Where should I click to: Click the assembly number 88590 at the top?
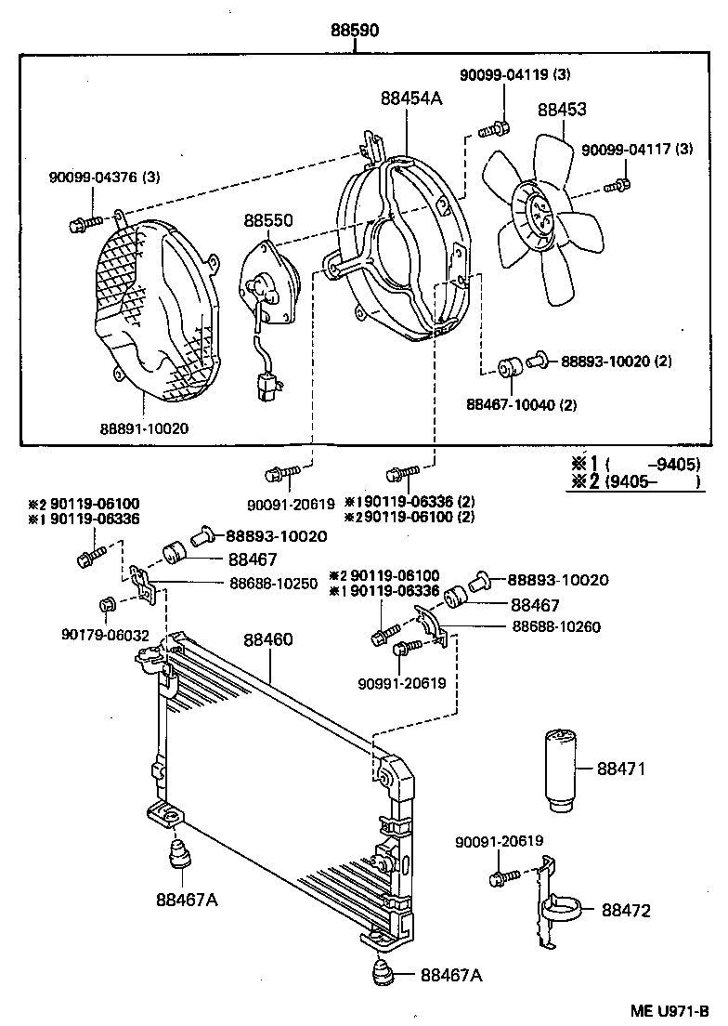pyautogui.click(x=356, y=31)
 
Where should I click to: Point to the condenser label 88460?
pyautogui.click(x=268, y=640)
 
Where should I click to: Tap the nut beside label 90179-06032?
pyautogui.click(x=105, y=607)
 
